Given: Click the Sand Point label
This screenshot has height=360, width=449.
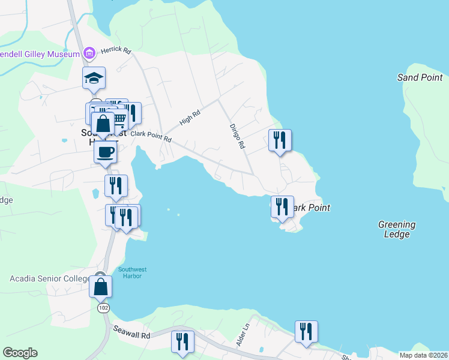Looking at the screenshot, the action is click(420, 77).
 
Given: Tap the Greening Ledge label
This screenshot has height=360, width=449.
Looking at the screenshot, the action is click(397, 229).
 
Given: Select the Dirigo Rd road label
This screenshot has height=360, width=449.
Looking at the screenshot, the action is click(238, 136).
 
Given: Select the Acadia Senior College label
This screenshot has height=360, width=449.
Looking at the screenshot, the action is click(49, 278).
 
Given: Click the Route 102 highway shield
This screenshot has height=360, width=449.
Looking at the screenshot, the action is click(103, 307).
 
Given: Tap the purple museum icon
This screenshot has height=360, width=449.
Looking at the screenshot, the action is click(89, 54).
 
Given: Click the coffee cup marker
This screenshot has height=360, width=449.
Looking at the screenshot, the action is click(105, 151).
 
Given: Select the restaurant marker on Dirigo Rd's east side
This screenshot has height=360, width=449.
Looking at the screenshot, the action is click(280, 140).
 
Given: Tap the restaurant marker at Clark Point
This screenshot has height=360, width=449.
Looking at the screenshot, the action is click(282, 207).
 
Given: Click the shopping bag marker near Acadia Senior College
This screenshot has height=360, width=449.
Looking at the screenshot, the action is click(100, 286).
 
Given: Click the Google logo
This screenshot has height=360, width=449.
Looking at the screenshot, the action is click(20, 353).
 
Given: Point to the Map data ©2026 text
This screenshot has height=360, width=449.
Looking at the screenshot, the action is click(424, 355).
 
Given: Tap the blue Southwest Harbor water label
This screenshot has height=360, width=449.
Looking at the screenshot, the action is click(132, 273).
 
